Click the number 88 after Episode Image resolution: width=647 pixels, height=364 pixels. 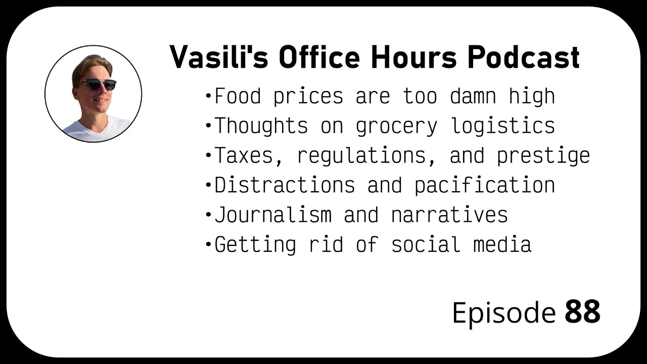(582, 312)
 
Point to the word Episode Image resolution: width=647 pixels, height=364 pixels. (503, 313)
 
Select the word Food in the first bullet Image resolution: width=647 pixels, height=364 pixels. (238, 96)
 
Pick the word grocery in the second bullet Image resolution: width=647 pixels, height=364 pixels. (396, 126)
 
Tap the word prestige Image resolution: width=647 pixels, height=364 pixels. (543, 156)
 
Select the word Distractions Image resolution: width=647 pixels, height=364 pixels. (285, 185)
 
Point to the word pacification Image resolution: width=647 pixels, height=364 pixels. (484, 186)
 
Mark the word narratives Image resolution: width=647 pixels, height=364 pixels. (449, 215)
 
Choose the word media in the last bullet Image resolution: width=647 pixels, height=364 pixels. (502, 244)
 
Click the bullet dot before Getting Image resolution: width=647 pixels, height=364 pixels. (208, 245)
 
